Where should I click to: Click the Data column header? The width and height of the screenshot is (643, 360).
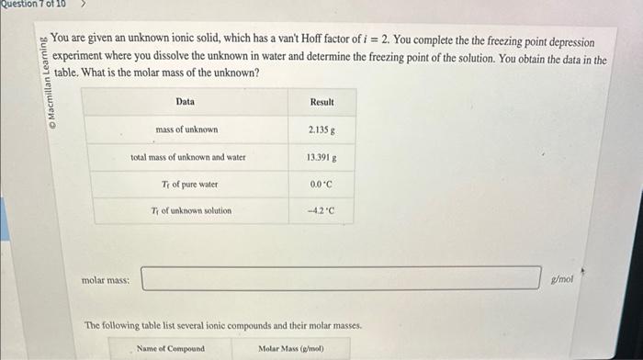click(x=186, y=102)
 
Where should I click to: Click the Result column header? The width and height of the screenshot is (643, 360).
click(x=321, y=102)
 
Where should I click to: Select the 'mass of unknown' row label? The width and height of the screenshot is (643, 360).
click(x=186, y=130)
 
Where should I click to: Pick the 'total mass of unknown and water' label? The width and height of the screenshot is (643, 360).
click(x=187, y=157)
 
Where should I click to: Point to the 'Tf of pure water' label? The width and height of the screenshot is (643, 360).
click(x=189, y=185)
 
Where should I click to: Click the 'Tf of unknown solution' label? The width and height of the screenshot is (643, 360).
click(x=191, y=211)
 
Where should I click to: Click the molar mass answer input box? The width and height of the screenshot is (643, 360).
click(x=341, y=278)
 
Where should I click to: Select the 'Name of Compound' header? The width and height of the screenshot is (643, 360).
click(x=171, y=349)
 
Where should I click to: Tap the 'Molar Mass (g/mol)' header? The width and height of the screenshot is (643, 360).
click(x=291, y=349)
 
